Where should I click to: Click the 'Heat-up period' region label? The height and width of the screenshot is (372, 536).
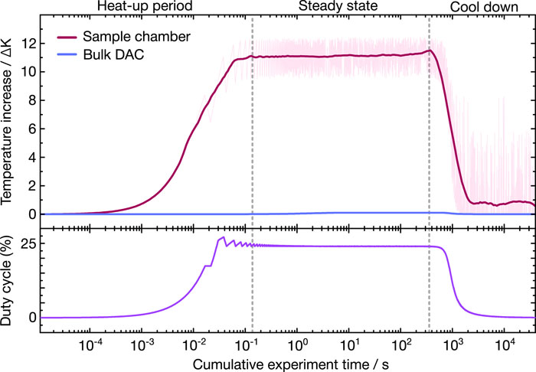[x=145, y=6]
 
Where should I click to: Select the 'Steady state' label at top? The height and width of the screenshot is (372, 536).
[x=338, y=6]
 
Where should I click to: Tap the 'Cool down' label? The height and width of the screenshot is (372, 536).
[x=484, y=7]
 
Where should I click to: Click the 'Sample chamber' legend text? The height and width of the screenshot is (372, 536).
[x=137, y=37]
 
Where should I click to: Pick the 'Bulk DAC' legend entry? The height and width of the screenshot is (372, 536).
[x=113, y=54]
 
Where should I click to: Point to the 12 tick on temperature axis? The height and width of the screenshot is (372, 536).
[x=29, y=44]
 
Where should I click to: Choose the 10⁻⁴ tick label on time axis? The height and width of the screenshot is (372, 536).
[x=90, y=348]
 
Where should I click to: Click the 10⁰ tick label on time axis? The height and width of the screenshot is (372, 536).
[x=297, y=348]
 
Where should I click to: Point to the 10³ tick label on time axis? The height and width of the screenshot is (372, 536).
[x=452, y=348]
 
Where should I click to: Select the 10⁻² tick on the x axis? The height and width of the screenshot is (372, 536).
[x=193, y=348]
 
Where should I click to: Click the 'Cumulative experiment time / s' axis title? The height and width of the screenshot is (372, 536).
[x=290, y=365]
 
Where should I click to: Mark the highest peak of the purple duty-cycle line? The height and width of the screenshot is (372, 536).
[x=224, y=237]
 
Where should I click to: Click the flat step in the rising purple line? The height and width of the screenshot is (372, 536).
[x=208, y=266]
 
